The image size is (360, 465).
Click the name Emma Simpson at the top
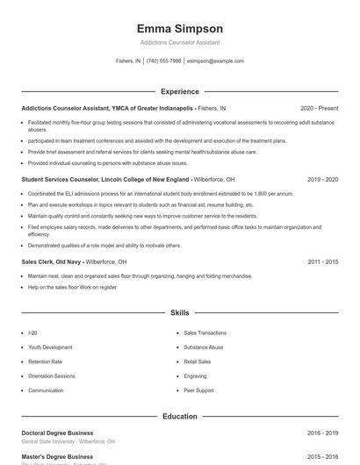point(179,28)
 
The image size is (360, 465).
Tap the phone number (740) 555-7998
point(163,61)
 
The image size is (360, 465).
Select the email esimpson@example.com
point(215,61)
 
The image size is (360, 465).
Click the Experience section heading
point(179,91)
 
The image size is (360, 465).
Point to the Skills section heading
point(179,312)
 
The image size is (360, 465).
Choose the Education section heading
point(179,416)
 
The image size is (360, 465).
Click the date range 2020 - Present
point(319,108)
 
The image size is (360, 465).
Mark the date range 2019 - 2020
point(323,179)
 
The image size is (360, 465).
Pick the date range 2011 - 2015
point(323,261)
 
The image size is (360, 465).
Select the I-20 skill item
point(32,333)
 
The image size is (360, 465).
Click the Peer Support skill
point(198,390)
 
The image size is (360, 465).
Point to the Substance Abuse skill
point(204,347)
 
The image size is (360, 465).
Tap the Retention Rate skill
point(45,361)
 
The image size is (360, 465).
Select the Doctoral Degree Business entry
point(57,433)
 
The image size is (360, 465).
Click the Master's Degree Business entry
point(57,456)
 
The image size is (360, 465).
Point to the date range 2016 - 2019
point(323,433)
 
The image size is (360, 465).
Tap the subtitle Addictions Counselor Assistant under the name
point(179,42)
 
